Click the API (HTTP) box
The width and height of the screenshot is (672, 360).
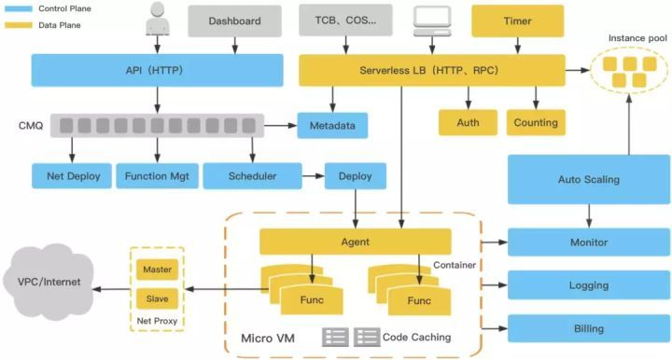[157, 70]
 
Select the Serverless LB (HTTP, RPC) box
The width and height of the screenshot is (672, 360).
[431, 70]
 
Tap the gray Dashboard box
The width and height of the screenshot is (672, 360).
[234, 20]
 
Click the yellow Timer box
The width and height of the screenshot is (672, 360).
[517, 20]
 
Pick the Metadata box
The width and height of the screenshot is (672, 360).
[331, 124]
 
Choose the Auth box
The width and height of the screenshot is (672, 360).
[468, 122]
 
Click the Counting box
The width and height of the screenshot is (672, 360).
[536, 122]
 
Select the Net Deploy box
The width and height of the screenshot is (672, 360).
[71, 175]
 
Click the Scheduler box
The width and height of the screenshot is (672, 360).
[252, 175]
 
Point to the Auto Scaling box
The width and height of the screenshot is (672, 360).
[588, 179]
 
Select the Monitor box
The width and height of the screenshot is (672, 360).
[588, 242]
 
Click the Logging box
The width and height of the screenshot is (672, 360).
[588, 285]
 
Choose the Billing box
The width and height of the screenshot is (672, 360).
[588, 328]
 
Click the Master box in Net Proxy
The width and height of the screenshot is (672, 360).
[157, 270]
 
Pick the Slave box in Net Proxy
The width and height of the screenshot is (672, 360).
[157, 298]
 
